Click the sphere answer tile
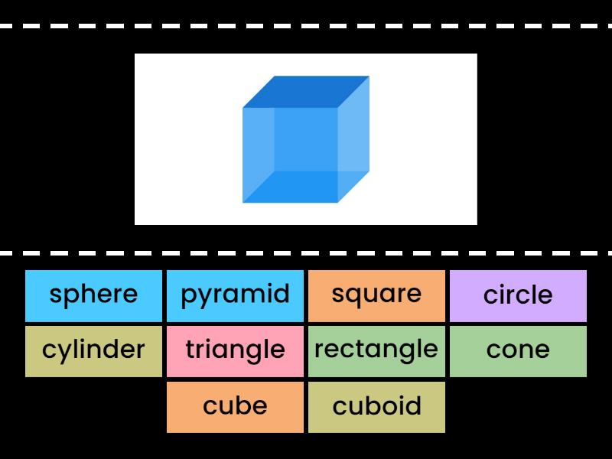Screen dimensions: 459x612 [x=93, y=295]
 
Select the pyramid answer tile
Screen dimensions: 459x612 [x=235, y=295]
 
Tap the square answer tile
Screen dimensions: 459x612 [x=376, y=295]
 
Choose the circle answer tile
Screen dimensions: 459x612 [x=518, y=295]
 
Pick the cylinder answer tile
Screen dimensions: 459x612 [x=93, y=351]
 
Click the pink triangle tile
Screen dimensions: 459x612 [x=235, y=351]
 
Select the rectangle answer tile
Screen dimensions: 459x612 [x=376, y=351]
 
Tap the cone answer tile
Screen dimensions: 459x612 [x=518, y=351]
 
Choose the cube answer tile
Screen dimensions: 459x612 [x=235, y=406]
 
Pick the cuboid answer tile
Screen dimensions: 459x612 [x=376, y=406]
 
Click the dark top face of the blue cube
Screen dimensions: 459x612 [x=306, y=91]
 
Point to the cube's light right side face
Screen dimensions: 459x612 [x=353, y=138]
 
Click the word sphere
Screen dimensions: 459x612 [x=93, y=295]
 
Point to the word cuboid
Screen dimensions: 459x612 [x=376, y=405]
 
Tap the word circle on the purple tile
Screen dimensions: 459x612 [x=518, y=295]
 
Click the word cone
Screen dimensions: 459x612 [x=518, y=350]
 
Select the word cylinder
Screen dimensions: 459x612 [x=93, y=350]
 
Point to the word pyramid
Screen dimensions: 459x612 [x=235, y=295]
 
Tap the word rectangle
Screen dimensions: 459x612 [x=376, y=350]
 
